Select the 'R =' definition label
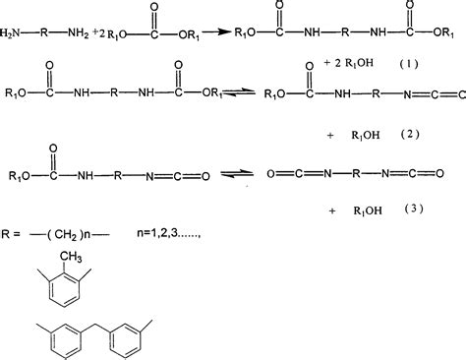pyautogui.click(x=14, y=232)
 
